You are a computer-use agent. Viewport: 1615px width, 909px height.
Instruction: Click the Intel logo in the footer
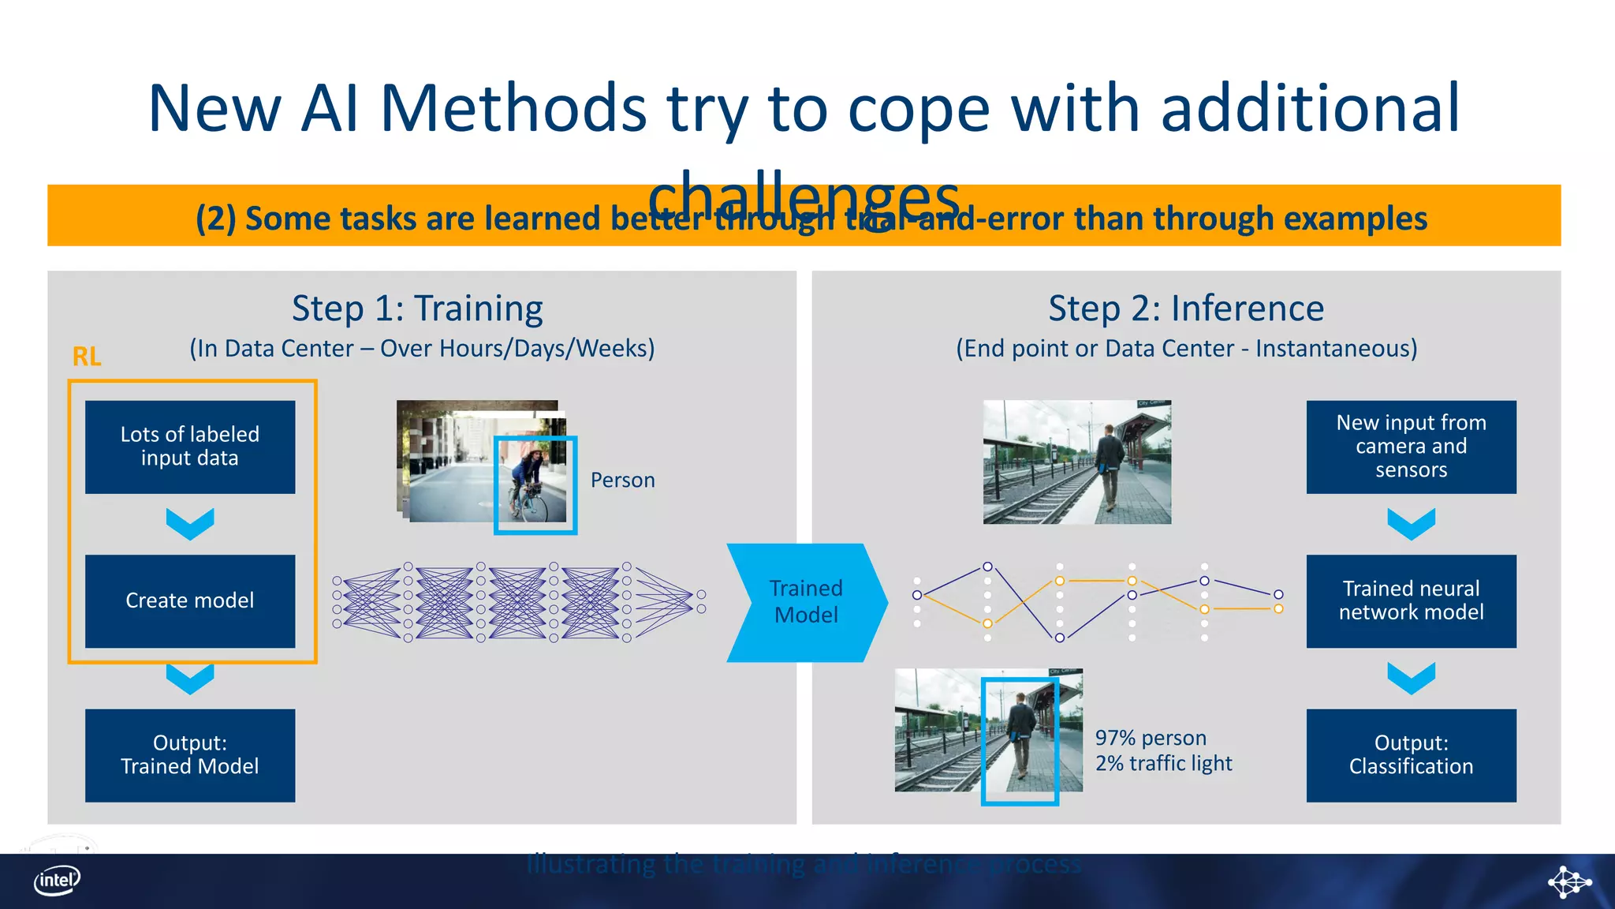(57, 881)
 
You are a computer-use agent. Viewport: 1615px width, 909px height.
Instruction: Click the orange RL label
(87, 357)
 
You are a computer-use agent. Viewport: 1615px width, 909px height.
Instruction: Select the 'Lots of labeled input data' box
(190, 447)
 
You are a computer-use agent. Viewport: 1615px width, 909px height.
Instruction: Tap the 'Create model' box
(190, 600)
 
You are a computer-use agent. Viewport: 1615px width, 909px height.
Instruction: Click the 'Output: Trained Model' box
(190, 755)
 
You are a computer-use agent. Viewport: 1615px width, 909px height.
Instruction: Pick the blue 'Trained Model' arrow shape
(806, 602)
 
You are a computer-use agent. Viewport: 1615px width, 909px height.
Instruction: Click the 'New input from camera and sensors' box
(1411, 447)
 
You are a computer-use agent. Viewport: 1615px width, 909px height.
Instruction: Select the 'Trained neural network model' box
(1411, 600)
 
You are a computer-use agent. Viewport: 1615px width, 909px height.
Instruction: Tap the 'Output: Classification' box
(1411, 755)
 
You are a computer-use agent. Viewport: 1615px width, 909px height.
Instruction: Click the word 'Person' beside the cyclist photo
(622, 480)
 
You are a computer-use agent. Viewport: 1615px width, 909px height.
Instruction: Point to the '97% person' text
(1151, 738)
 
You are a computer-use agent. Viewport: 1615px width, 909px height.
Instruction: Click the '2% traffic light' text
(1163, 763)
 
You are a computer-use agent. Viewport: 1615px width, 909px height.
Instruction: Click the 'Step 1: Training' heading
(417, 309)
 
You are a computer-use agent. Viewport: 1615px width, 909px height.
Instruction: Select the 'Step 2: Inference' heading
(1186, 309)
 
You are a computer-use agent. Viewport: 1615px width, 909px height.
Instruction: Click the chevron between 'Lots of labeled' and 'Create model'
(190, 524)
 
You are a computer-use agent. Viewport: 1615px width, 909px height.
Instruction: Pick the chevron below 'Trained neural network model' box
(1411, 678)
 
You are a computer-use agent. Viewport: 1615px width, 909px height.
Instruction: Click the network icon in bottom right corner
(1568, 881)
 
